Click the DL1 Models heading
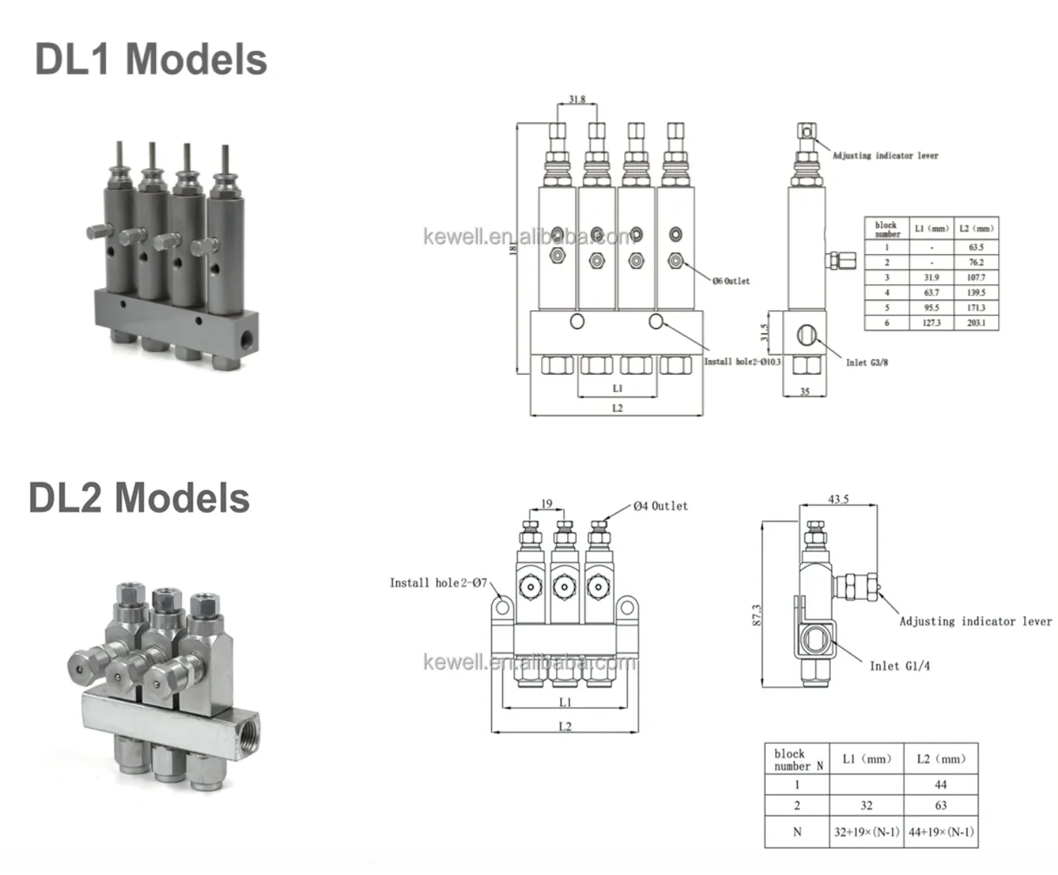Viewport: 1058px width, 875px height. tap(151, 59)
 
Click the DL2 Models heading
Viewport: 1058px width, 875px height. tap(139, 498)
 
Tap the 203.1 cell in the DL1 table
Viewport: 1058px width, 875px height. tap(976, 322)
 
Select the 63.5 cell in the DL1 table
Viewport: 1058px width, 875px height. tap(976, 248)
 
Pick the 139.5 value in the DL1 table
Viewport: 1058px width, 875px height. tap(976, 292)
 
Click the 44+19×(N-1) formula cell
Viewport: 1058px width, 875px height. tap(941, 832)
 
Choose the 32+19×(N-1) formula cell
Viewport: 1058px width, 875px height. tap(866, 832)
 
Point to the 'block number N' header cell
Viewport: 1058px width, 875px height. tap(797, 759)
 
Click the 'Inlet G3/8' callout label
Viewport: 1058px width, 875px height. tap(867, 363)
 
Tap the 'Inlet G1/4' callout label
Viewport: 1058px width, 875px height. tap(899, 666)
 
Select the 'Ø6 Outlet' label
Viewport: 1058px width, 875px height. tap(731, 281)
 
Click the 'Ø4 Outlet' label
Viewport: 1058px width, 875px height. tap(660, 506)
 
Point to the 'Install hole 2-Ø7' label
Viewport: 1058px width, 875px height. tap(438, 583)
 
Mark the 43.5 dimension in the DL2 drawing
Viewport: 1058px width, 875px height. tap(838, 500)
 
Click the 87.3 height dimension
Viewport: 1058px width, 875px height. tap(757, 615)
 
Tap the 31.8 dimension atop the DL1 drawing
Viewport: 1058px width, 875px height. tap(577, 99)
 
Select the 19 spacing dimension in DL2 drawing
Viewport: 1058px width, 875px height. tap(547, 504)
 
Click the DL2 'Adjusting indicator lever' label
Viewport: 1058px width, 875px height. tap(975, 622)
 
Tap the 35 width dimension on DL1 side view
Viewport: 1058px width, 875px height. tap(805, 391)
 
